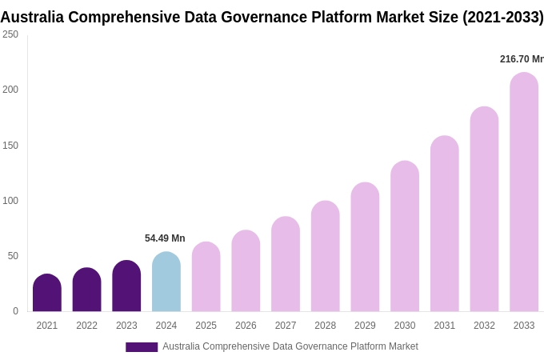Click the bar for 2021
point(47,294)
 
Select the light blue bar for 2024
point(166,282)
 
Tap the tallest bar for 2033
point(524,192)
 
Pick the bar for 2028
point(325,257)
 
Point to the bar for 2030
point(405,237)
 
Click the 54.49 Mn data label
point(165,238)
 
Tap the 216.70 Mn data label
point(521,59)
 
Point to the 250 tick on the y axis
point(10,34)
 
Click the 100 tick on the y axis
point(10,201)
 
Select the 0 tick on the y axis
point(15,311)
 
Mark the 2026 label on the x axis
point(246,326)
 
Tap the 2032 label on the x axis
point(484,326)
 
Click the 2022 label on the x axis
point(86,326)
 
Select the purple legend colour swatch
point(142,347)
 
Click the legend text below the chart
point(290,346)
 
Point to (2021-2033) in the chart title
point(502,17)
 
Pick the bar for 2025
point(206,278)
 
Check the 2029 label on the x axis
point(365,326)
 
